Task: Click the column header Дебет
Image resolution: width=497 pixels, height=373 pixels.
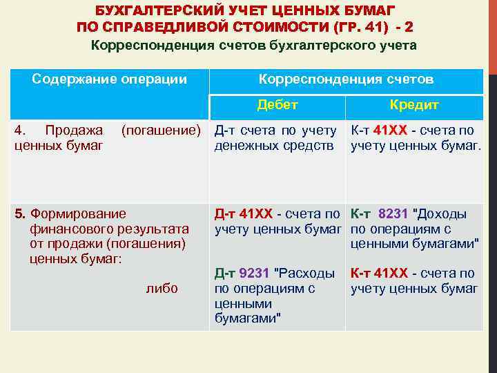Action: [x=277, y=106]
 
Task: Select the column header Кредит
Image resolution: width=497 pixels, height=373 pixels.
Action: [x=414, y=106]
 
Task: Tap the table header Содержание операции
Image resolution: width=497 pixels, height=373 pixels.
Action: [x=110, y=79]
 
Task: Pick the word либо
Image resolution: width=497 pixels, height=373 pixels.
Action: [x=162, y=289]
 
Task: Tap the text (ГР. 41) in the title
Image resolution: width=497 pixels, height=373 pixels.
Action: [x=358, y=28]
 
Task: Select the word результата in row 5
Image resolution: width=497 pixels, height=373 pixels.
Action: [x=159, y=229]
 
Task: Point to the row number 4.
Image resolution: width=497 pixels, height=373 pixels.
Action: [x=19, y=130]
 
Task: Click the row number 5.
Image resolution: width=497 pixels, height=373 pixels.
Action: [x=19, y=214]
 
